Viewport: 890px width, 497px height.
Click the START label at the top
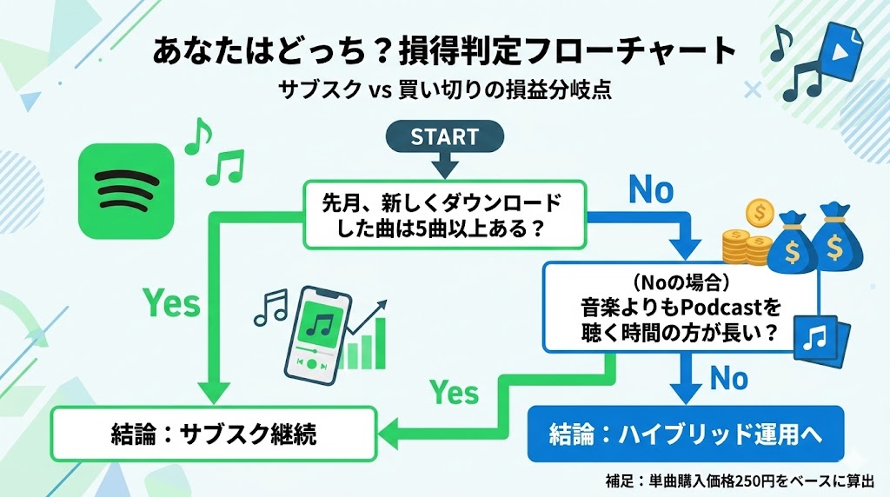click(x=444, y=137)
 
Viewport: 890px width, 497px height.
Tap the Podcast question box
click(x=681, y=308)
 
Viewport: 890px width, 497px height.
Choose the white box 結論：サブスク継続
click(x=214, y=434)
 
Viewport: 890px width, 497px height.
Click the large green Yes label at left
click(x=172, y=303)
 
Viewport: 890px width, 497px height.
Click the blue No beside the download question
click(x=651, y=189)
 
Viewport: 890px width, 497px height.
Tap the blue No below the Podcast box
click(x=728, y=378)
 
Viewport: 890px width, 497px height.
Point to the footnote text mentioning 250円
click(x=741, y=479)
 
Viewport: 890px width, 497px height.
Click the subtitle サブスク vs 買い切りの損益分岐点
click(x=444, y=89)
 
